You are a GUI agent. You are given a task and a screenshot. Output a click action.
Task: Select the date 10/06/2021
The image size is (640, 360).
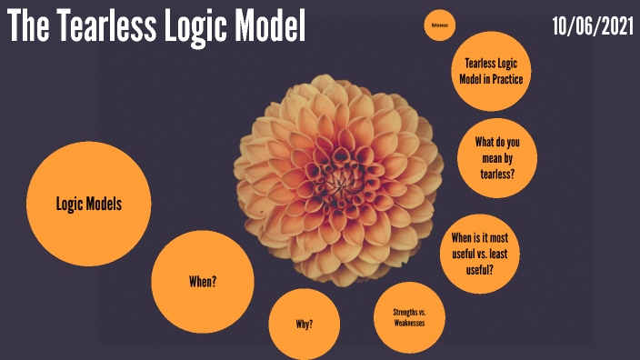(592, 26)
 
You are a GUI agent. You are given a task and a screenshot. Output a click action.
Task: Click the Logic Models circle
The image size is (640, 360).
(88, 204)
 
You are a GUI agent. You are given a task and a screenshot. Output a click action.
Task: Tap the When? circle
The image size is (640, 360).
(202, 281)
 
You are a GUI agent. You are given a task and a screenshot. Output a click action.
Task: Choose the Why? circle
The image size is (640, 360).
(305, 325)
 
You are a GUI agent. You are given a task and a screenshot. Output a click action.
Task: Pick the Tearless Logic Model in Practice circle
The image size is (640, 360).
(492, 70)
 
